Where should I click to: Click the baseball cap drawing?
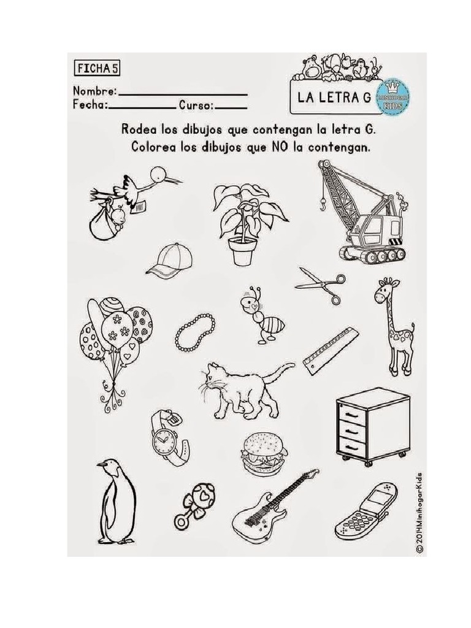(x=169, y=259)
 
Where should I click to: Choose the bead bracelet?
(x=195, y=332)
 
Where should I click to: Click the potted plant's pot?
(x=242, y=251)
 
